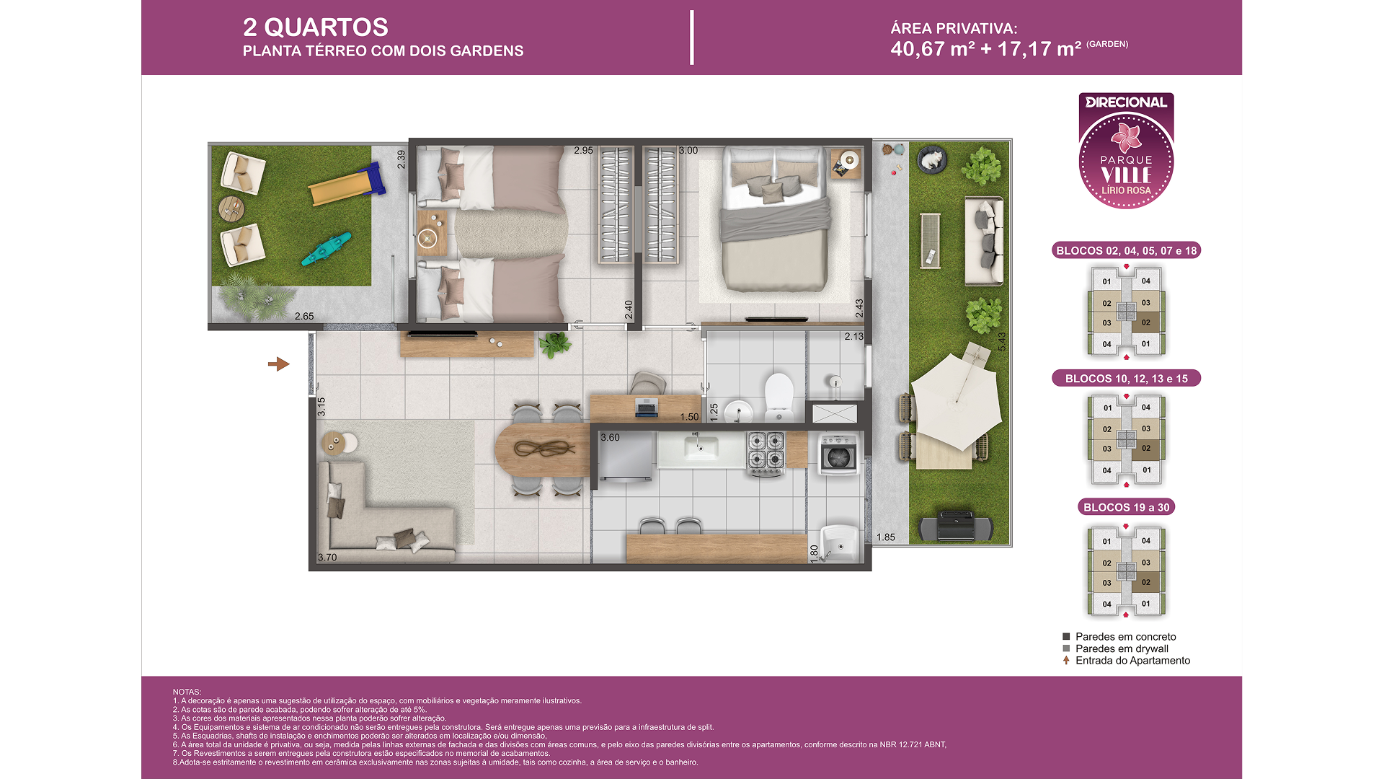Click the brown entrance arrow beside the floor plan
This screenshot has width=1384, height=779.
tap(278, 364)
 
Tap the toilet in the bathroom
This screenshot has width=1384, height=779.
tap(778, 397)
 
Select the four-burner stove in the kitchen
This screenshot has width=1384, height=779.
tap(765, 453)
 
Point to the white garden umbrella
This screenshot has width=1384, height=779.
tap(956, 401)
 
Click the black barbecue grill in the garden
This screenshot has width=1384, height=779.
tap(957, 526)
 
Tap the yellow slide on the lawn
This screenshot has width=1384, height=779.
tap(346, 185)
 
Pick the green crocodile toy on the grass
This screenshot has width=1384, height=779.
tap(327, 248)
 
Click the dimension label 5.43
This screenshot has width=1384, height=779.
tap(1001, 342)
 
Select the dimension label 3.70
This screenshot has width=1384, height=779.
tap(327, 558)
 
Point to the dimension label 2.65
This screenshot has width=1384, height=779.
tap(304, 316)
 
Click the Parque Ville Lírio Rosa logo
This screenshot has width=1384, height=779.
tap(1126, 151)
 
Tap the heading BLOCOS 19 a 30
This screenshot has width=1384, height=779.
tap(1126, 507)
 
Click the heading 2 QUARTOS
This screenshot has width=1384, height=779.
tap(315, 27)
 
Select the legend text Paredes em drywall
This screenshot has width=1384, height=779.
tap(1122, 648)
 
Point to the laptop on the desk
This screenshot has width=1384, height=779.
tap(646, 408)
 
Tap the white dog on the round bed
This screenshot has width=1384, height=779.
tap(931, 158)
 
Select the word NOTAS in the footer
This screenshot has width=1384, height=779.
tap(187, 692)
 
